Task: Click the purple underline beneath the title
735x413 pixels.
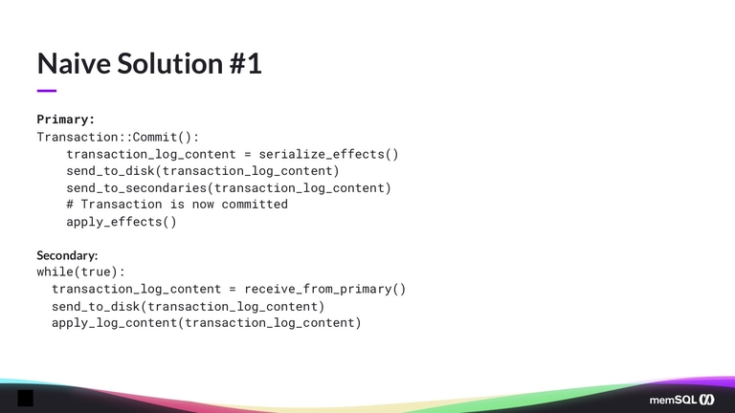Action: [47, 91]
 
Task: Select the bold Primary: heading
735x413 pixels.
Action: [65, 120]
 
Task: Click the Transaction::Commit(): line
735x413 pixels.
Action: [118, 137]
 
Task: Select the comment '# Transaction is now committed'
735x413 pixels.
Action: [177, 205]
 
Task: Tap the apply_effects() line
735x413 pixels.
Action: [122, 222]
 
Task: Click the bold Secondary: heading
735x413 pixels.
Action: [67, 255]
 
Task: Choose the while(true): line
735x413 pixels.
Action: [80, 272]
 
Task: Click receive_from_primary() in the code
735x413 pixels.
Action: [324, 289]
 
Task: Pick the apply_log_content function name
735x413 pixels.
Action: [114, 323]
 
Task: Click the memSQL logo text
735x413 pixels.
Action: [672, 399]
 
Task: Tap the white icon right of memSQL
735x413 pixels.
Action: [707, 399]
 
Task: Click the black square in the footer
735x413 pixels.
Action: [26, 398]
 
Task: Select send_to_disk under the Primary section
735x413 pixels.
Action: [106, 171]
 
